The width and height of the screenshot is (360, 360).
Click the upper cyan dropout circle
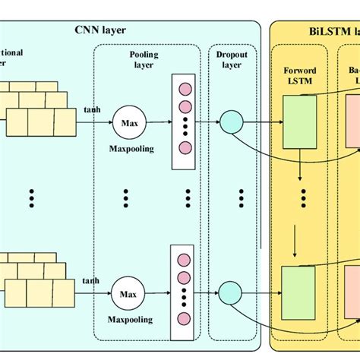230,120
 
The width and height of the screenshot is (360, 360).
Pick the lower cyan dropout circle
230,289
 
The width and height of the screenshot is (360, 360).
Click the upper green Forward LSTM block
299,121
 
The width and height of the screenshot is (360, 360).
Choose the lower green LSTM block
299,289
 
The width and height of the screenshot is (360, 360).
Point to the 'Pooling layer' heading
142,60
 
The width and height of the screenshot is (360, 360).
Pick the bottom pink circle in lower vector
184,317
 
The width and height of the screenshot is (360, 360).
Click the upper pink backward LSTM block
352,122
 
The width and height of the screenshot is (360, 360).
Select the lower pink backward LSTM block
352,289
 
